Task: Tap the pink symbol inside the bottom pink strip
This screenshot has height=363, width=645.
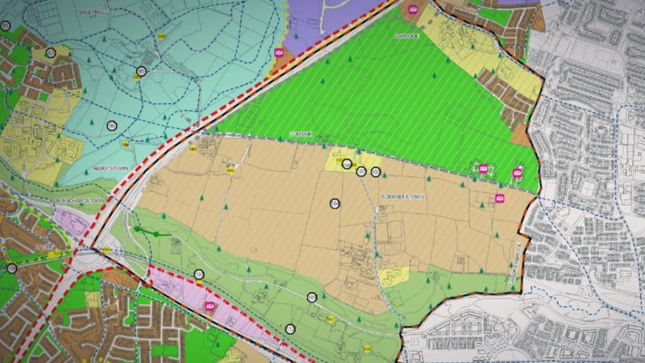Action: (210, 307)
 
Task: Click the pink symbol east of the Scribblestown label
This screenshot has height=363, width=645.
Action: (500, 198)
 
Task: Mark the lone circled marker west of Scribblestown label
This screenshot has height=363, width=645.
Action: (335, 203)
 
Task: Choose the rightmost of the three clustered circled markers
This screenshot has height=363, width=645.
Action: (376, 172)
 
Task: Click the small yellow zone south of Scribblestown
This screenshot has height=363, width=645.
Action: (393, 276)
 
